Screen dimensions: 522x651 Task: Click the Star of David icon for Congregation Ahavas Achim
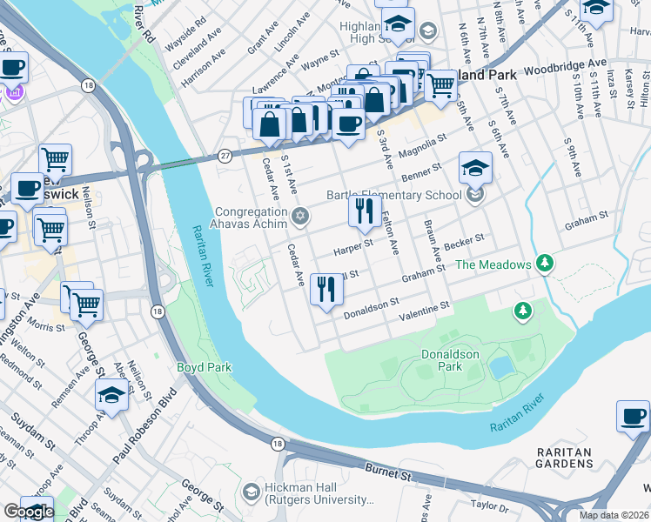pos(300,216)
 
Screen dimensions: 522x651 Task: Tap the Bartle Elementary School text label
pos(393,195)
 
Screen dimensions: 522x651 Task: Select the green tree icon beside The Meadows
pos(545,262)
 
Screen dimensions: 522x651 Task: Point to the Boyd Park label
pos(205,367)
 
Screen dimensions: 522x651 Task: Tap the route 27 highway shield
pos(225,155)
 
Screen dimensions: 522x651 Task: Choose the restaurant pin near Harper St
pos(365,211)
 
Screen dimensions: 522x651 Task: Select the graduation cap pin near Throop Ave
pos(112,396)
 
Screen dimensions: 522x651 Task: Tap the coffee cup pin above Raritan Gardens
pos(633,416)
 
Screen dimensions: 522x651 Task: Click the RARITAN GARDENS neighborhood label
pos(564,458)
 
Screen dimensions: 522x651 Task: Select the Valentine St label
pos(424,307)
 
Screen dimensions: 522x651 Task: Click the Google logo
pos(29,512)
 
